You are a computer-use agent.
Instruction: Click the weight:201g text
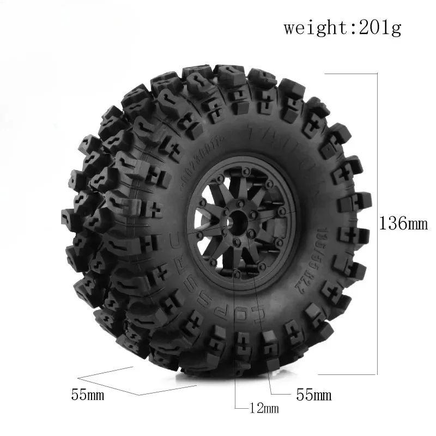[342, 28]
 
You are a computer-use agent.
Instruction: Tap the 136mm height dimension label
[404, 223]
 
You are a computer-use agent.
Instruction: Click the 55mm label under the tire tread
[87, 394]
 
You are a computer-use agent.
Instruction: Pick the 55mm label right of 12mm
[313, 393]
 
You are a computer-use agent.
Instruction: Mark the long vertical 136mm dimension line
[377, 223]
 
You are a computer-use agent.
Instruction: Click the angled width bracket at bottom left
[136, 385]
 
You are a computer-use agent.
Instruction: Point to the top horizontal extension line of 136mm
[352, 74]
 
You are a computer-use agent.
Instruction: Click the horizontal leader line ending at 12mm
[243, 407]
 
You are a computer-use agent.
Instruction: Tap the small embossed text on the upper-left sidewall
[188, 163]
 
